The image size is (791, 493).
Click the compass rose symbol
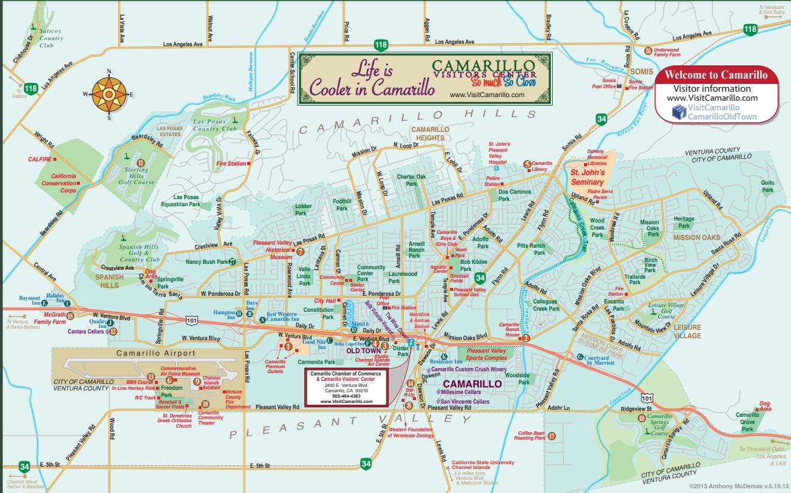pos(109,94)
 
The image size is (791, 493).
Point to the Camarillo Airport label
pos(148,354)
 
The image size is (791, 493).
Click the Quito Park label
pos(768,186)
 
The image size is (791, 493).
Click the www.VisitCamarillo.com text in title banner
pos(486,95)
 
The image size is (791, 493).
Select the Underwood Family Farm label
pos(667,52)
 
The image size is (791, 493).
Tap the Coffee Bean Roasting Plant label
pos(531,435)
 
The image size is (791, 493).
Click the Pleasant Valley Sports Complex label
pos(486,354)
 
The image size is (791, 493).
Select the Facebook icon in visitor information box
pos(678,112)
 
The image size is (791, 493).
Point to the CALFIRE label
pos(40,160)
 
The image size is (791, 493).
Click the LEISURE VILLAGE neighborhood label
pos(687,332)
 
